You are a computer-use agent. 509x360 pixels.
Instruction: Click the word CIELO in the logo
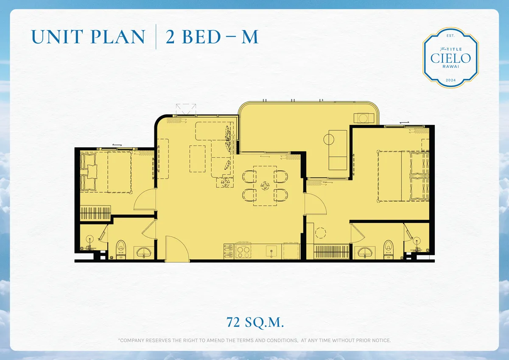coord(450,58)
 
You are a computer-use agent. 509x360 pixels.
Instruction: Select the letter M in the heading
coord(249,37)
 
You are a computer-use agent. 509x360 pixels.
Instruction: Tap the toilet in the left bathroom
coord(121,249)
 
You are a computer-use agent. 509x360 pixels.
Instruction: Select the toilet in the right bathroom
coord(388,249)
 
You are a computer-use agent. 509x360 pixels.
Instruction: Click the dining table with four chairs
coord(265,186)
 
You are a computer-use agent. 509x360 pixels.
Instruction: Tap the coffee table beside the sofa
coord(197,158)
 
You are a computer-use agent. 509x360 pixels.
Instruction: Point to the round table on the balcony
coord(330,139)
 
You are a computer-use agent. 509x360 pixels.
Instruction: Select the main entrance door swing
coord(175,250)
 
